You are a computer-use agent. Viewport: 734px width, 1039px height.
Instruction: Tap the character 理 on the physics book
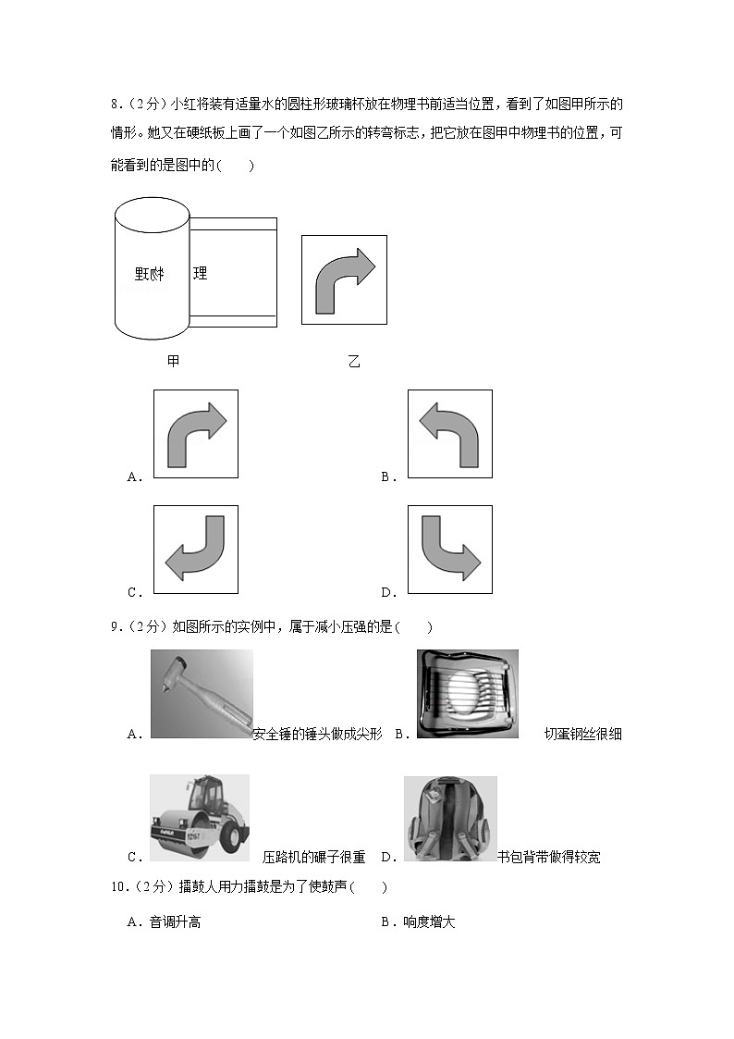click(x=199, y=273)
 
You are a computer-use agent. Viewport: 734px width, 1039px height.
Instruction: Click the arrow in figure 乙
click(x=344, y=280)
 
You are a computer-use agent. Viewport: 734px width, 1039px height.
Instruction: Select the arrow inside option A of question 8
click(x=195, y=433)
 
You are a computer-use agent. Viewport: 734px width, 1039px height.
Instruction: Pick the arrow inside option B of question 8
click(x=449, y=433)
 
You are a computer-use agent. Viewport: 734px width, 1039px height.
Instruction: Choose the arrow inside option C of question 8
click(x=195, y=549)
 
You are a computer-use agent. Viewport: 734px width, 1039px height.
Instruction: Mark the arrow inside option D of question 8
click(x=449, y=549)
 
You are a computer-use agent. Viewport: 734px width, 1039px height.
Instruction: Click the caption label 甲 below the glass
click(x=173, y=361)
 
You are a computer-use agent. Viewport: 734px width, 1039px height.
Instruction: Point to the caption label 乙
click(x=353, y=361)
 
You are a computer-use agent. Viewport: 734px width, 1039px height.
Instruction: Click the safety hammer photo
click(x=202, y=694)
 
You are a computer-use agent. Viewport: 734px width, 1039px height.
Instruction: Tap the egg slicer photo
click(x=467, y=694)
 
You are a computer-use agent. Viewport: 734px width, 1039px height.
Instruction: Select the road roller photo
click(x=200, y=818)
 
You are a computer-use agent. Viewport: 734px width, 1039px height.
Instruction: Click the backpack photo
click(x=450, y=819)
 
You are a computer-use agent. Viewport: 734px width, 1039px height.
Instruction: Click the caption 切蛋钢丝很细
click(x=583, y=734)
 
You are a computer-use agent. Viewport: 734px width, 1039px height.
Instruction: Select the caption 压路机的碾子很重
click(x=314, y=857)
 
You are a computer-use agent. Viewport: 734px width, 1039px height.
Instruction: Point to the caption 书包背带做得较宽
click(x=548, y=857)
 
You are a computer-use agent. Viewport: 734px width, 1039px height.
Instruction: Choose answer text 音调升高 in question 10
click(x=175, y=922)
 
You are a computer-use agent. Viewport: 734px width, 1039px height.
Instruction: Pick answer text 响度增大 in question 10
click(x=429, y=922)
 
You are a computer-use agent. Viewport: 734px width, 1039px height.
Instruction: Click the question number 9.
click(x=116, y=627)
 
